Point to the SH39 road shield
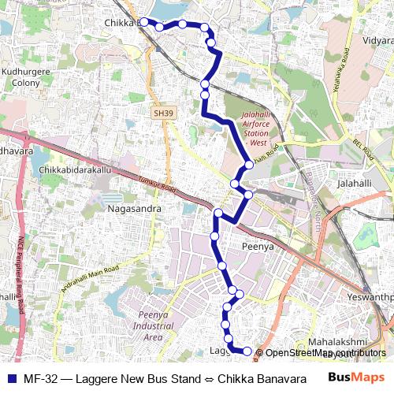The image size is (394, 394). (x=162, y=113)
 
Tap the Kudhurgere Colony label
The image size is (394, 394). (x=26, y=76)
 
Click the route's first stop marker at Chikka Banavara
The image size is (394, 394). (x=144, y=22)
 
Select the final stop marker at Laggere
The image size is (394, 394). (x=247, y=351)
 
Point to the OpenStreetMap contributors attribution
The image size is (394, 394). (x=325, y=353)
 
